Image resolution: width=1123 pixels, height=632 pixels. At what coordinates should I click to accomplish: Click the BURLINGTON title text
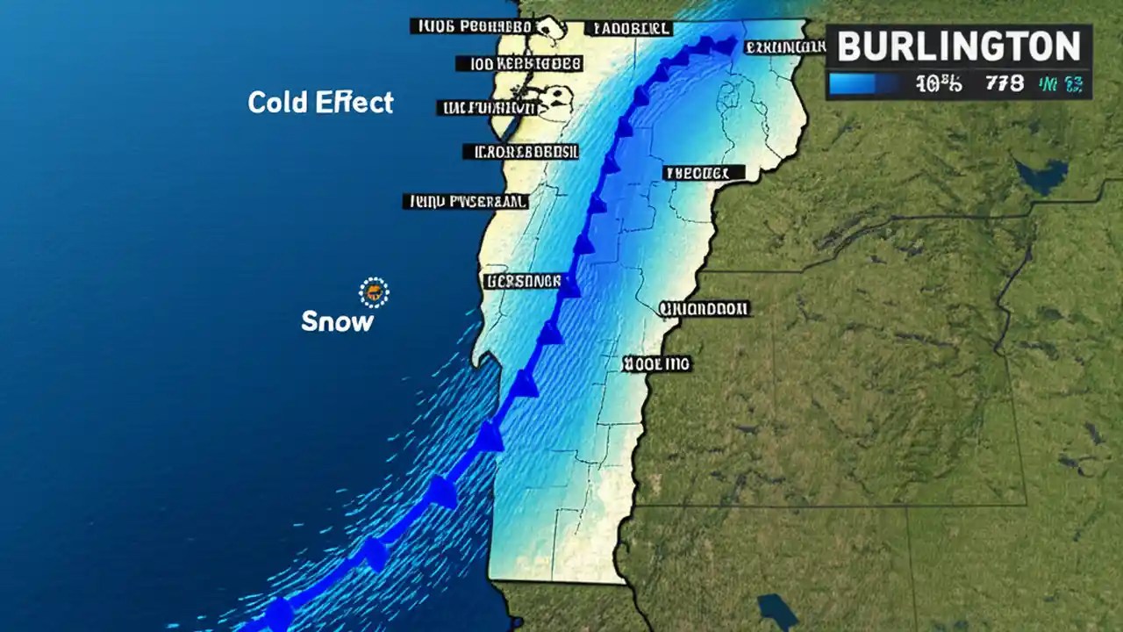tap(958, 46)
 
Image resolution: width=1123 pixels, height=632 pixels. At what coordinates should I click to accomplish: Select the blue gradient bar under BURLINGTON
tap(864, 84)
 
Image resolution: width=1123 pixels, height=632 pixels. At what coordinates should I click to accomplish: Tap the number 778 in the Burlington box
tap(1005, 84)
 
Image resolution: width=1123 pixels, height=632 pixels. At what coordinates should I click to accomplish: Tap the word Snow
tap(337, 321)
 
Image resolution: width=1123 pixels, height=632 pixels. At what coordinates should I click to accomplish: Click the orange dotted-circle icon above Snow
tap(374, 292)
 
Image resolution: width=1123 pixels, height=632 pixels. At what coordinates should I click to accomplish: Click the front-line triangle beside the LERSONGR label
tap(570, 286)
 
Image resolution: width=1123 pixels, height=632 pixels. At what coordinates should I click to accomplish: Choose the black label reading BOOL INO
tap(656, 363)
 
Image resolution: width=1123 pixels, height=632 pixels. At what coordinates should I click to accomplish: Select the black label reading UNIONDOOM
tap(704, 309)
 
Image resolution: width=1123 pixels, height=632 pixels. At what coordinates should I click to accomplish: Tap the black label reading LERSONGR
tap(521, 282)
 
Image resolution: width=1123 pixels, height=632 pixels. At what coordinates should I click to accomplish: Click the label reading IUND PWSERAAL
tap(466, 202)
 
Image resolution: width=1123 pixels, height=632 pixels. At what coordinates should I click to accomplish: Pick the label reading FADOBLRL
tap(628, 28)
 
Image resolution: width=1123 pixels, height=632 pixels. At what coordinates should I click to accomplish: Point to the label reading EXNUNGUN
tap(784, 47)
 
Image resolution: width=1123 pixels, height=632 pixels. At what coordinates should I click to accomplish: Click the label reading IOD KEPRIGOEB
tap(519, 63)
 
